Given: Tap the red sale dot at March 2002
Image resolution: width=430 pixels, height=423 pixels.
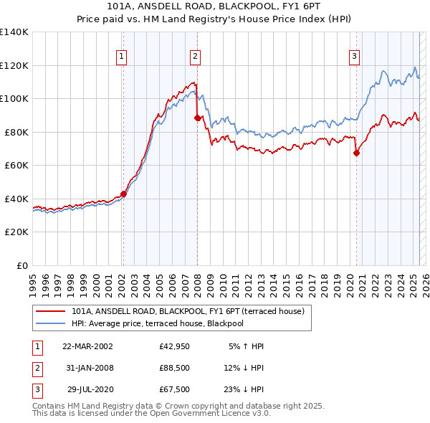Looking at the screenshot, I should point(123,194).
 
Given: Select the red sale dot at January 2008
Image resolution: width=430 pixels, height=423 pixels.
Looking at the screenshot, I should point(197,118).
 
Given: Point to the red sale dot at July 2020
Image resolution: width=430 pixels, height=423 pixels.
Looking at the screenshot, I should point(356,153).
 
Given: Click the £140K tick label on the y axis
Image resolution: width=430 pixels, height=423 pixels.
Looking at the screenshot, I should point(14,32).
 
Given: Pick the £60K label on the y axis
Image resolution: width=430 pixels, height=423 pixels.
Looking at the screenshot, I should point(16,165).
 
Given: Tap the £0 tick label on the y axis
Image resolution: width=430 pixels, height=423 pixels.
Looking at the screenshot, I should point(21,265).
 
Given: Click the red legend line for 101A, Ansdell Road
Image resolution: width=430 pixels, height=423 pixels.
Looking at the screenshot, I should point(51,311).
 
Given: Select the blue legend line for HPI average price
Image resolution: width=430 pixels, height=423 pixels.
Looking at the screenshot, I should point(51,323).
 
